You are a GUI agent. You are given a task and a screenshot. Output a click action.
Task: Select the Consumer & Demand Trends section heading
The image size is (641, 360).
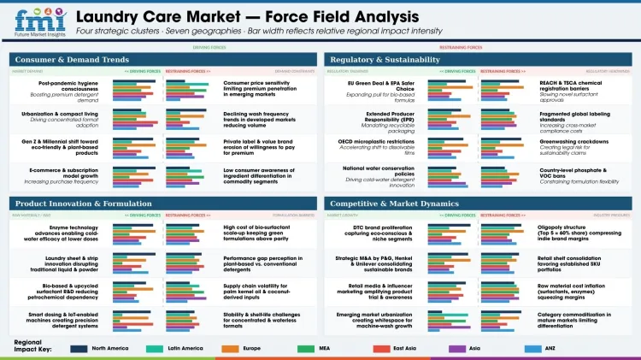click(71, 60)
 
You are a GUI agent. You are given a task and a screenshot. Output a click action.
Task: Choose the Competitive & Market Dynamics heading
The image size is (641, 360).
click(393, 203)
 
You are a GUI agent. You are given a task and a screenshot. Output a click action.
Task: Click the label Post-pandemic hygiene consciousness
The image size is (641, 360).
click(73, 85)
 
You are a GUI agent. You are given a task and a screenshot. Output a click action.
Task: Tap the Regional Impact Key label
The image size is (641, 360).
click(30, 346)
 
